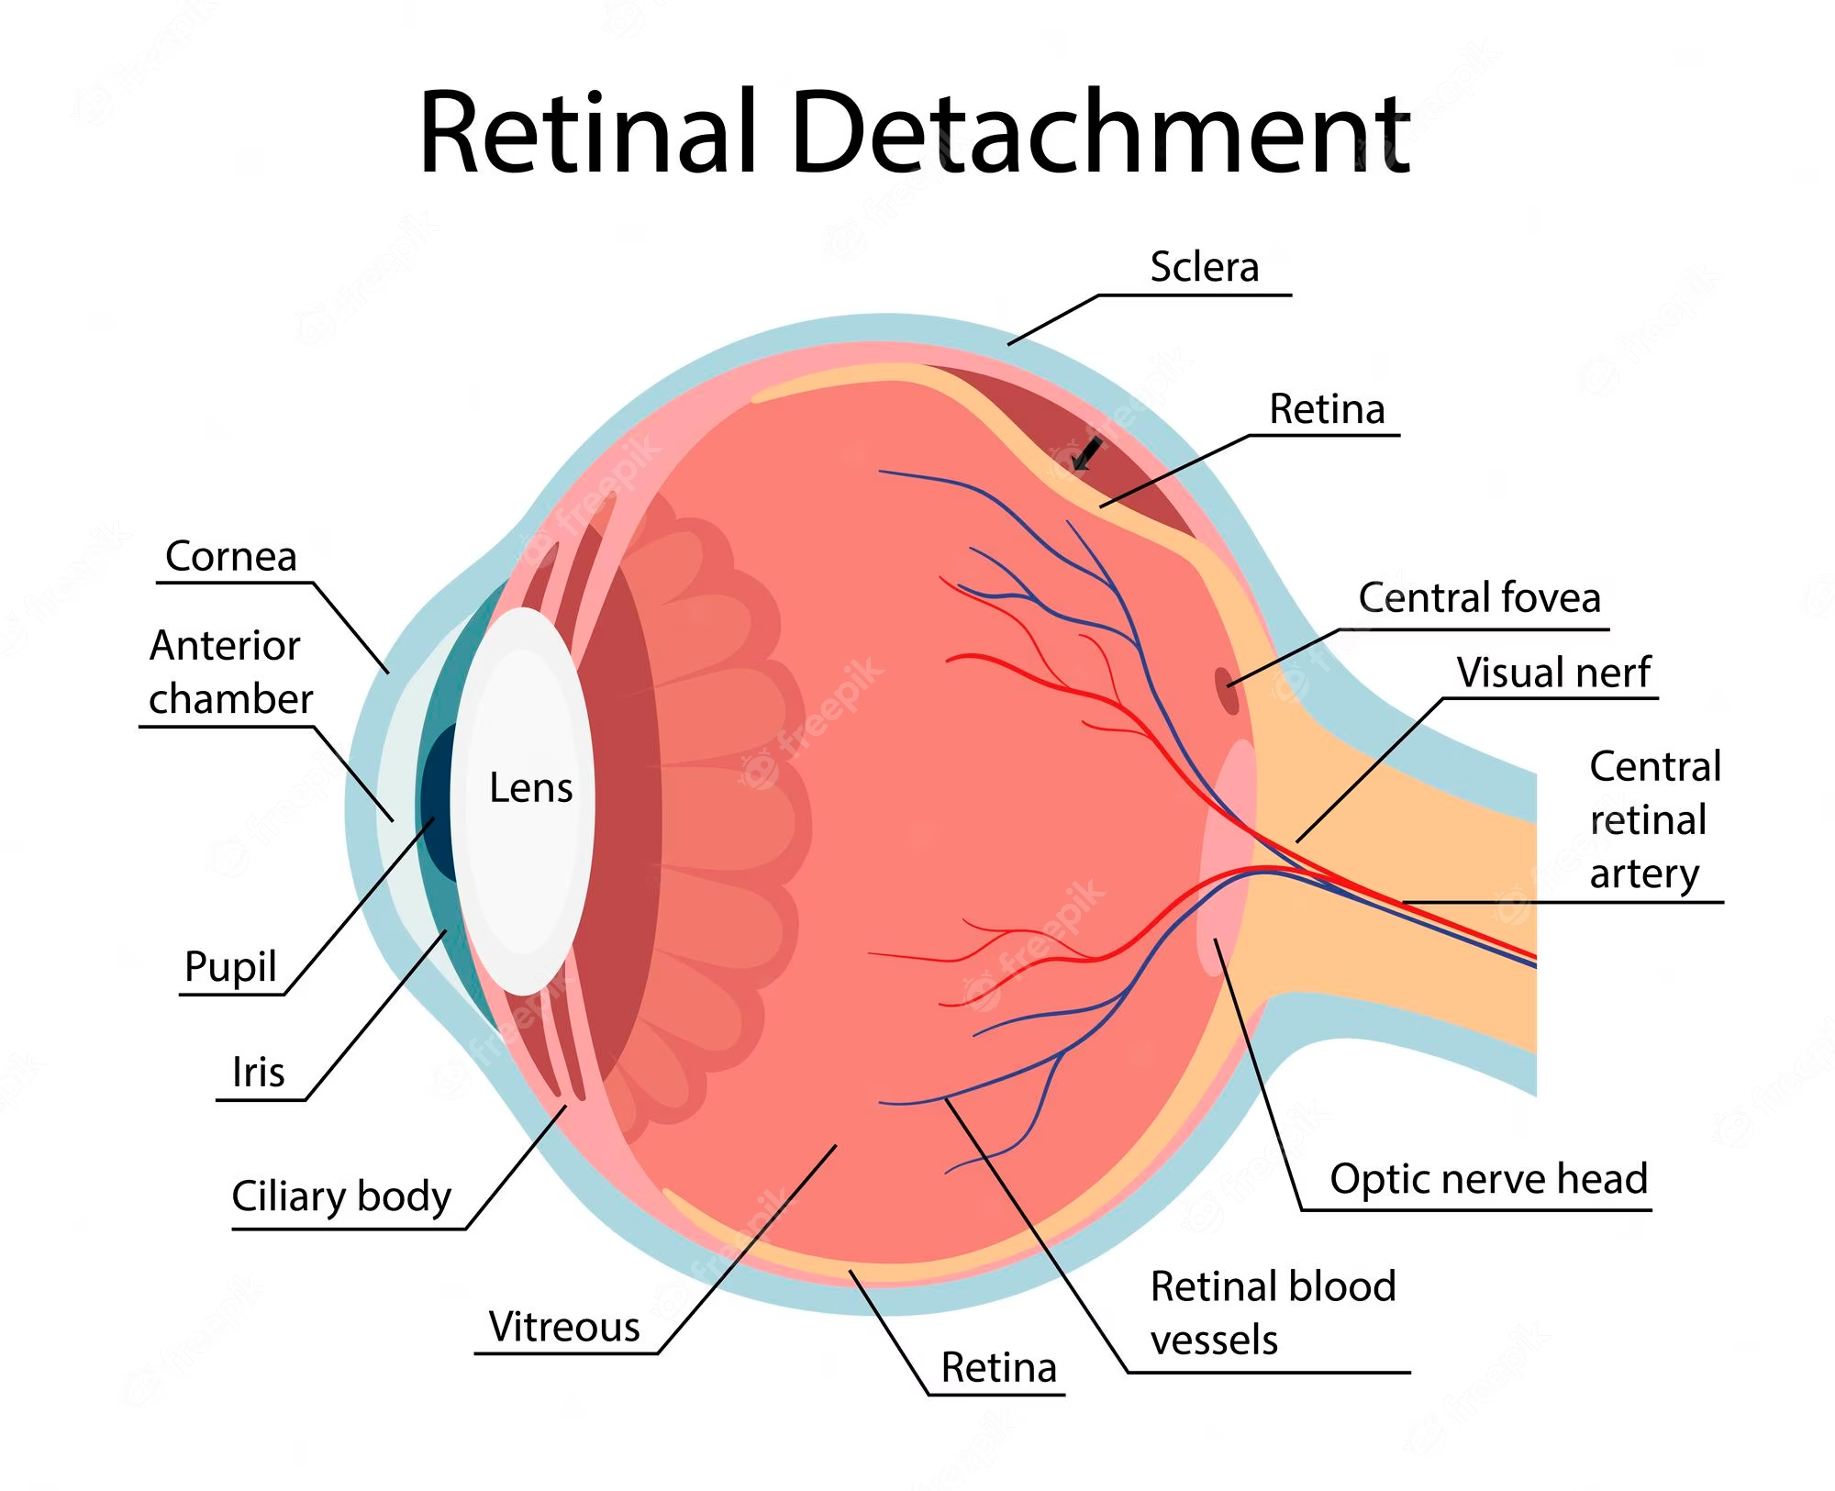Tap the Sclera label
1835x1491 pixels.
click(1204, 267)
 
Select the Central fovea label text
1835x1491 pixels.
click(1479, 597)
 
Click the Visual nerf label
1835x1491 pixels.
click(1553, 673)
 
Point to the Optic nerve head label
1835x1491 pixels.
click(1488, 1179)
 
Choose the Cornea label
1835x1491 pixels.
click(230, 556)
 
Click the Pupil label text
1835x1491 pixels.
click(230, 966)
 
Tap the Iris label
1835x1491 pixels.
click(258, 1072)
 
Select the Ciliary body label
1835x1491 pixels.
click(341, 1196)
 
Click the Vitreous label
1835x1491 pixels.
click(563, 1327)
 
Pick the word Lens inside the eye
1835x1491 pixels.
click(530, 788)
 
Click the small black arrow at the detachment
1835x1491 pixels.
click(1087, 452)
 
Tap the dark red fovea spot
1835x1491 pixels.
click(1227, 690)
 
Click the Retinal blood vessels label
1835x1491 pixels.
click(1272, 1313)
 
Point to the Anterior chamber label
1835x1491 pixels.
click(229, 673)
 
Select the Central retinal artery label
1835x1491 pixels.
click(1654, 819)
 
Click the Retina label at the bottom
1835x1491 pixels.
click(998, 1368)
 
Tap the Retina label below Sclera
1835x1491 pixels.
click(1327, 409)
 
